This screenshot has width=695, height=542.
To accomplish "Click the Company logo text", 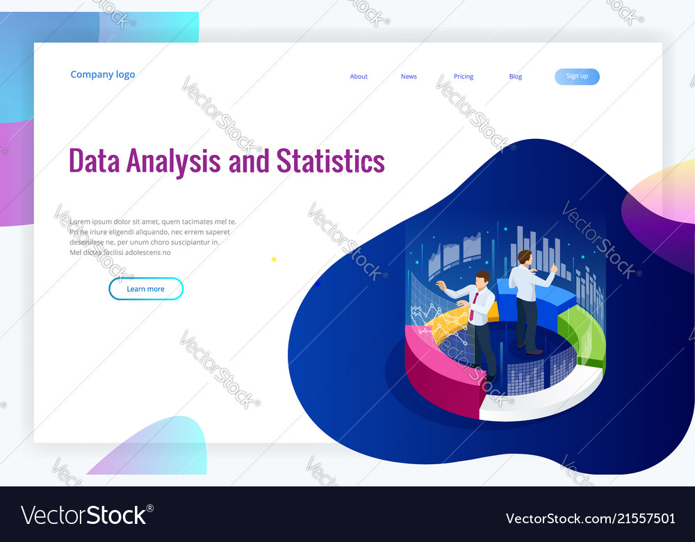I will point(103,75).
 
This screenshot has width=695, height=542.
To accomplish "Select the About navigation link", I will point(359,76).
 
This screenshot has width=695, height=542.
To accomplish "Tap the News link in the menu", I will point(409,76).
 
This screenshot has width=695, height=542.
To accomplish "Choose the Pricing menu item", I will point(464,76).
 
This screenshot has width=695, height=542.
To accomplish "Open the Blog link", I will point(515,76).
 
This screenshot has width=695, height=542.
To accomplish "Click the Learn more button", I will point(146,289).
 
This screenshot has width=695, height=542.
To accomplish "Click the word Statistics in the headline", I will point(330,161).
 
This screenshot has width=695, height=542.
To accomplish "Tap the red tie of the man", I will point(473,306).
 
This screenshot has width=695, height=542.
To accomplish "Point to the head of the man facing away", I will point(525,257).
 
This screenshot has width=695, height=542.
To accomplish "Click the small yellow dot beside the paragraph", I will point(274,259).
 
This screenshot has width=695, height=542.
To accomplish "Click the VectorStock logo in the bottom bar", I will point(88,515).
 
